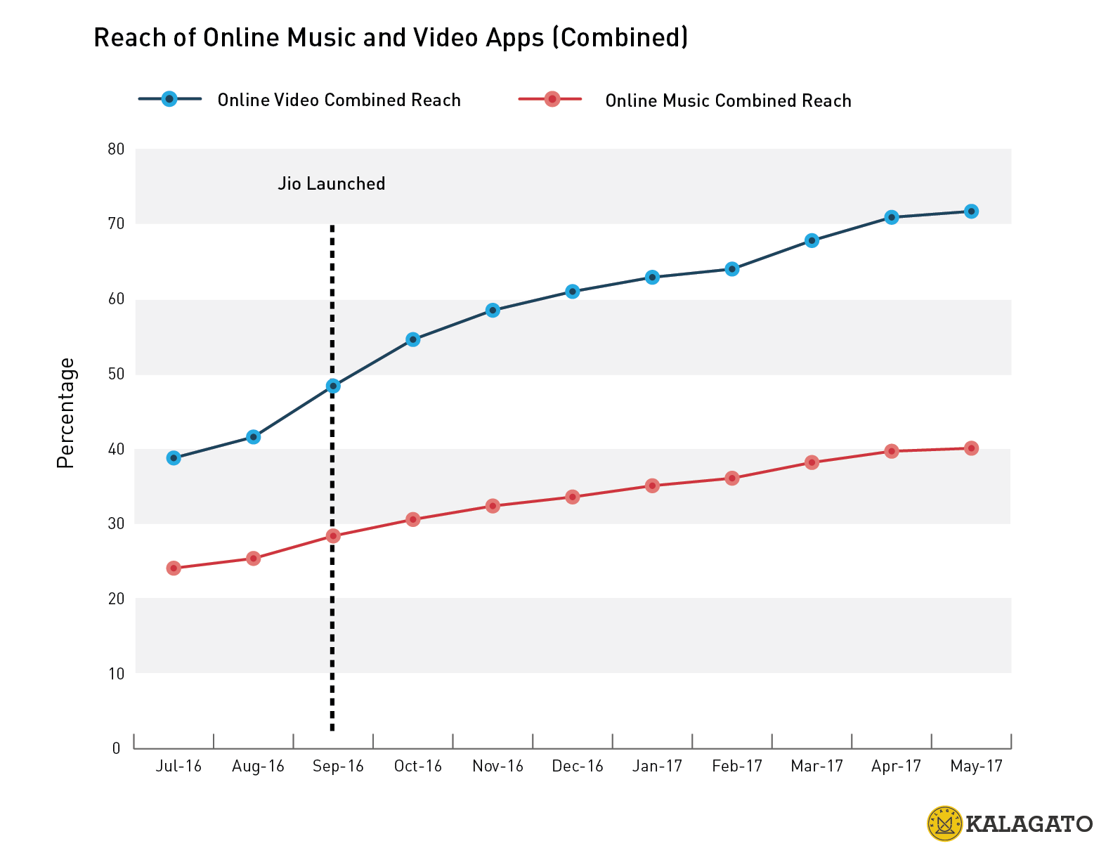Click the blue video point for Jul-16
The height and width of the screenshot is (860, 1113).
click(x=174, y=458)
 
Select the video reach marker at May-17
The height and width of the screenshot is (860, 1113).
click(x=971, y=211)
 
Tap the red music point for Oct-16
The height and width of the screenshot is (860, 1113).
click(x=413, y=519)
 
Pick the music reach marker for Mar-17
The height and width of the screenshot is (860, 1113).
click(x=812, y=462)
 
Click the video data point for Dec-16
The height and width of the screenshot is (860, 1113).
click(x=573, y=292)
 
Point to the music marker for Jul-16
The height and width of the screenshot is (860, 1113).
click(x=174, y=568)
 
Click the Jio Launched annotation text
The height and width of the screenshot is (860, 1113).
click(x=332, y=184)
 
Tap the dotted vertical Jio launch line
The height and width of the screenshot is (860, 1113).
click(x=332, y=632)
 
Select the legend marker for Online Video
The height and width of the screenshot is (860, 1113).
click(x=169, y=99)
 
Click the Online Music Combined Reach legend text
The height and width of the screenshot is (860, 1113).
click(x=728, y=101)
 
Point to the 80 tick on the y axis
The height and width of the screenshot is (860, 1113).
click(x=116, y=149)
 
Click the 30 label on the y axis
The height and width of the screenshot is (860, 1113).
click(x=116, y=523)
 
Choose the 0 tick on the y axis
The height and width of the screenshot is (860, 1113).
click(x=117, y=748)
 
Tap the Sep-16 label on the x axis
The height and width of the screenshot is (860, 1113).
click(x=338, y=767)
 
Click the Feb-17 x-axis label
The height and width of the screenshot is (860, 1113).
click(x=737, y=767)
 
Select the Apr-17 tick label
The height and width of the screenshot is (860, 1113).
click(x=896, y=767)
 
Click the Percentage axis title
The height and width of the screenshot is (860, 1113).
click(x=66, y=413)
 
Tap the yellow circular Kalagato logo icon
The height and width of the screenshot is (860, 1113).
click(x=944, y=823)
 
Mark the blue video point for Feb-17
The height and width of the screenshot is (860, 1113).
click(x=732, y=269)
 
